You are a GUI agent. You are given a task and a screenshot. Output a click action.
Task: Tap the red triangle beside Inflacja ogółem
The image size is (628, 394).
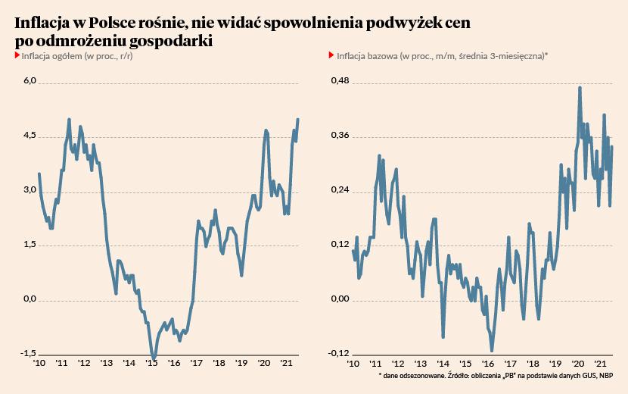17,56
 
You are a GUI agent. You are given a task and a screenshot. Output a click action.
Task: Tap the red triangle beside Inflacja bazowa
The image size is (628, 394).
331,56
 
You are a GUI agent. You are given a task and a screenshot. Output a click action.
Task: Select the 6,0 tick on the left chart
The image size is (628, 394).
30,81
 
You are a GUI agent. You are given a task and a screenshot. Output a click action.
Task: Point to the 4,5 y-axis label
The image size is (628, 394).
30,136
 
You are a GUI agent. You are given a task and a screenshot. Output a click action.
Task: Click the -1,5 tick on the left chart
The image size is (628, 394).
29,354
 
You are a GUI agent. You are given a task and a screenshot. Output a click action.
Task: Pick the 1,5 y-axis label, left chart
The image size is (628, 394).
30,245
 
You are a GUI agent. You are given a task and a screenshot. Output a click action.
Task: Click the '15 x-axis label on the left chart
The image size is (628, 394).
151,364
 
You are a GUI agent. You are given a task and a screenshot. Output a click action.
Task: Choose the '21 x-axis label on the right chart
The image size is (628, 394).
599,364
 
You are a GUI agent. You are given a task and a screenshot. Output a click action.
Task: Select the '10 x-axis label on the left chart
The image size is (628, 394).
39,364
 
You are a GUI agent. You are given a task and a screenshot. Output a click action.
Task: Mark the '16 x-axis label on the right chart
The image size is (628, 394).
487,364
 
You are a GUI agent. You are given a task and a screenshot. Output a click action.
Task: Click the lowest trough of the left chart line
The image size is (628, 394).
154,358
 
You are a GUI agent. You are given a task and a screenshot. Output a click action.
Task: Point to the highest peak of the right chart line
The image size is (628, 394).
580,88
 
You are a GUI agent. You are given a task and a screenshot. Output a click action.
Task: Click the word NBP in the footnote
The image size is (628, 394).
606,376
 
